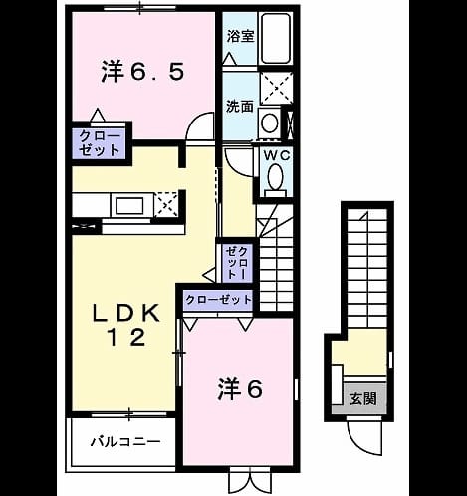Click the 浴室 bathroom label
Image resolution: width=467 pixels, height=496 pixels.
[x=241, y=36]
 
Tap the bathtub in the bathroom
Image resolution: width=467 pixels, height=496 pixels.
[x=276, y=39]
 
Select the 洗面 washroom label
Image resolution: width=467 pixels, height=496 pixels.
[x=240, y=107]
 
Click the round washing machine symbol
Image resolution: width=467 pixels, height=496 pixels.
[x=269, y=123]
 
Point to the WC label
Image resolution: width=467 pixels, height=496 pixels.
[x=277, y=155]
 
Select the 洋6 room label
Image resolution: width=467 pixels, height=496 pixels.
[x=240, y=389]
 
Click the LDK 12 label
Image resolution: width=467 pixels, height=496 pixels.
[x=126, y=326]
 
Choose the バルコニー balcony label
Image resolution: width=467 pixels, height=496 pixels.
[x=125, y=442]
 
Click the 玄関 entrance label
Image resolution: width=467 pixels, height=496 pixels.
[x=363, y=398]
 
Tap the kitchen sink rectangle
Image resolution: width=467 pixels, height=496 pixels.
[x=129, y=206]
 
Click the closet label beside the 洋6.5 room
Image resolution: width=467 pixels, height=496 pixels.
[x=100, y=143]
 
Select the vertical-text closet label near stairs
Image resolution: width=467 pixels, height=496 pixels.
[x=236, y=262]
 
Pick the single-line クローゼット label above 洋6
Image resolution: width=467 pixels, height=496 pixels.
[x=218, y=300]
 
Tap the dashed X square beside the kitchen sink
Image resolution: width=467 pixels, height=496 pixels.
[x=166, y=205]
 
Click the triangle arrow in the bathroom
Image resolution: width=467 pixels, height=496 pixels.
[x=230, y=60]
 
